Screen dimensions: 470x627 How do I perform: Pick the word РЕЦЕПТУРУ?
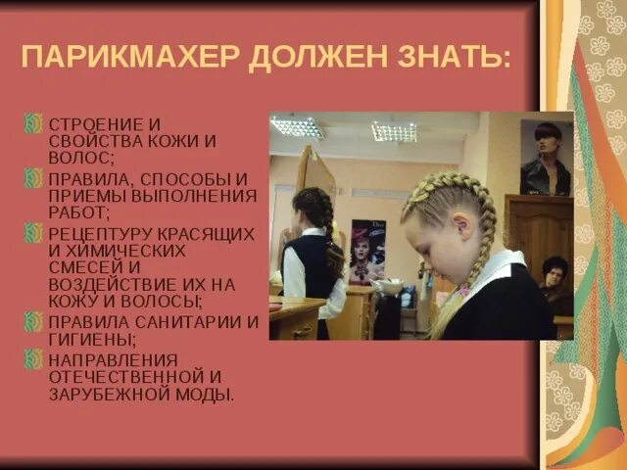pyautogui.click(x=100, y=234)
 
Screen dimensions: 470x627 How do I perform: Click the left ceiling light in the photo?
pyautogui.click(x=297, y=126)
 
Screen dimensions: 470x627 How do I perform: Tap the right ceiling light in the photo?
pyautogui.click(x=394, y=131)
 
